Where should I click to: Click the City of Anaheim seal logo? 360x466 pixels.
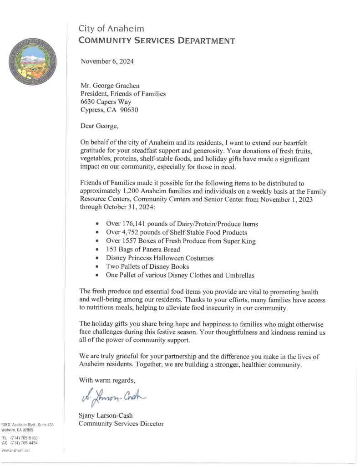31,60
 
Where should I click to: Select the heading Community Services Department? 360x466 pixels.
157,41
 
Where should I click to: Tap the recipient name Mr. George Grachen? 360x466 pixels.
110,86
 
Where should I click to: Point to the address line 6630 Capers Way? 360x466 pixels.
106,102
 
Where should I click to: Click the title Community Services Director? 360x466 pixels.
121,424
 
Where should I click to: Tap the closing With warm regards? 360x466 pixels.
107,380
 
